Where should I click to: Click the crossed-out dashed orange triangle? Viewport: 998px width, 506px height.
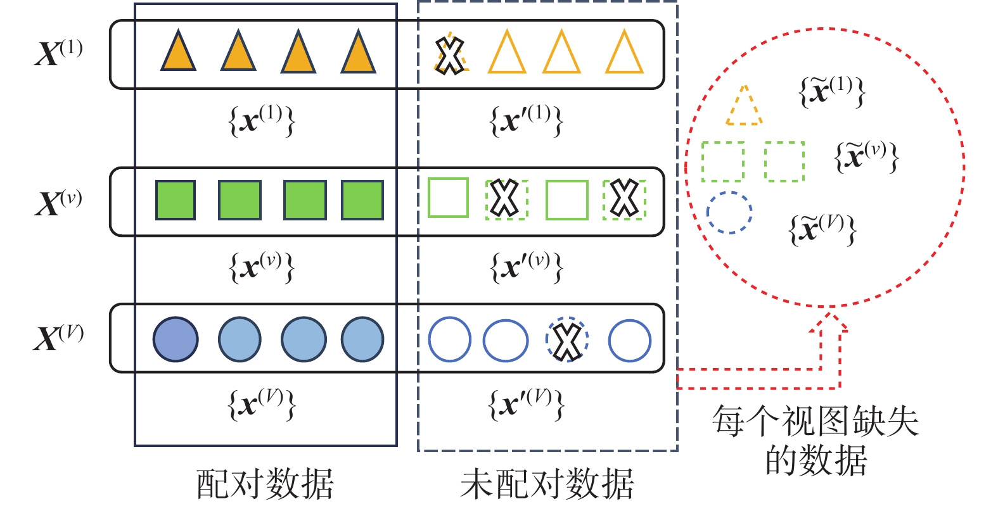[450, 55]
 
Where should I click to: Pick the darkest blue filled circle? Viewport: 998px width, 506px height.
[176, 339]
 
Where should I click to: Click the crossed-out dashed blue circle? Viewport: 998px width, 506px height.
[567, 340]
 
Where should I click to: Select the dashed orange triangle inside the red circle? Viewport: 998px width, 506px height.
[744, 106]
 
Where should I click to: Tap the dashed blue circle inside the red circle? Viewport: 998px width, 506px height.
[729, 213]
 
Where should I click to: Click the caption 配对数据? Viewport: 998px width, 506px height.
[265, 484]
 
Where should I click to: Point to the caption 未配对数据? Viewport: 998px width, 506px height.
[547, 484]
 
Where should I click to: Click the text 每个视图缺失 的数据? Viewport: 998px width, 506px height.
[816, 440]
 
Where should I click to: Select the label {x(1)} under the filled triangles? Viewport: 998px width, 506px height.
[262, 120]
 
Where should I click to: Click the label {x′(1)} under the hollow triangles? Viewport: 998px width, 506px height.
[526, 120]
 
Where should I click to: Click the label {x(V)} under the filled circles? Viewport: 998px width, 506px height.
[262, 404]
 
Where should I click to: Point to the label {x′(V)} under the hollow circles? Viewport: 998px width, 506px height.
[526, 404]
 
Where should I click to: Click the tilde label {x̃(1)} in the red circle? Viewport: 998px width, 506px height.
[831, 92]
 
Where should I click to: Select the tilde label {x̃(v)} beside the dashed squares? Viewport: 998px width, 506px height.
[866, 156]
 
